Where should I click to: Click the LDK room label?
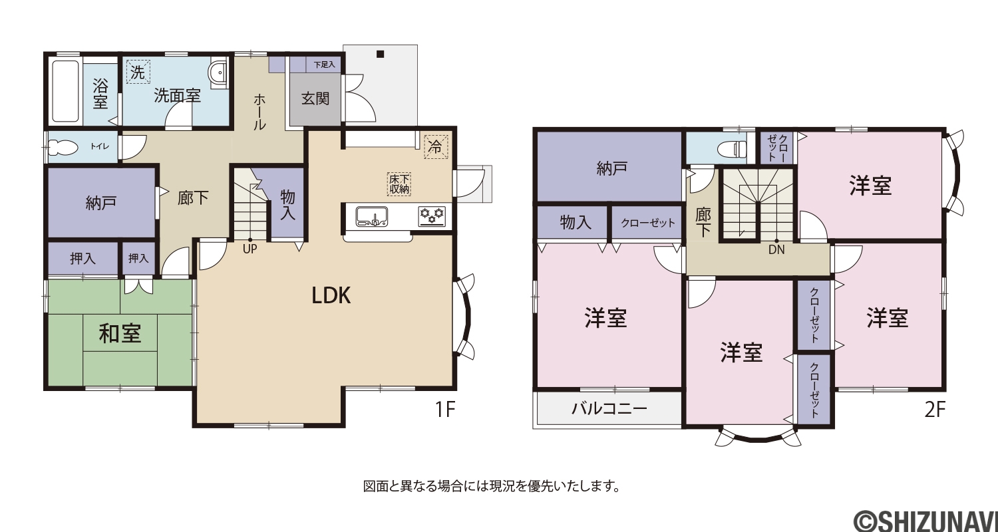331,295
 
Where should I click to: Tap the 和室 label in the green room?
120,333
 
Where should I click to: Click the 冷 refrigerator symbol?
435,146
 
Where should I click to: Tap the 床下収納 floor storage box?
399,184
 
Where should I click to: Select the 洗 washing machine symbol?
138,72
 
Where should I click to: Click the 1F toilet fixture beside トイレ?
61,146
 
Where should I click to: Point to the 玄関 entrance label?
315,98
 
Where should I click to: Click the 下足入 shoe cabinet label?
324,65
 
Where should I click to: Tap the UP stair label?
250,249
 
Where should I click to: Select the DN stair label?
776,250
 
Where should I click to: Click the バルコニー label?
609,408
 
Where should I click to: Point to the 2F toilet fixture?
733,148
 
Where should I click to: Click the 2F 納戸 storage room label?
611,168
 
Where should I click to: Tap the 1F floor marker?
445,410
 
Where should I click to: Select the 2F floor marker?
935,410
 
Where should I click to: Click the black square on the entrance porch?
380,55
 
